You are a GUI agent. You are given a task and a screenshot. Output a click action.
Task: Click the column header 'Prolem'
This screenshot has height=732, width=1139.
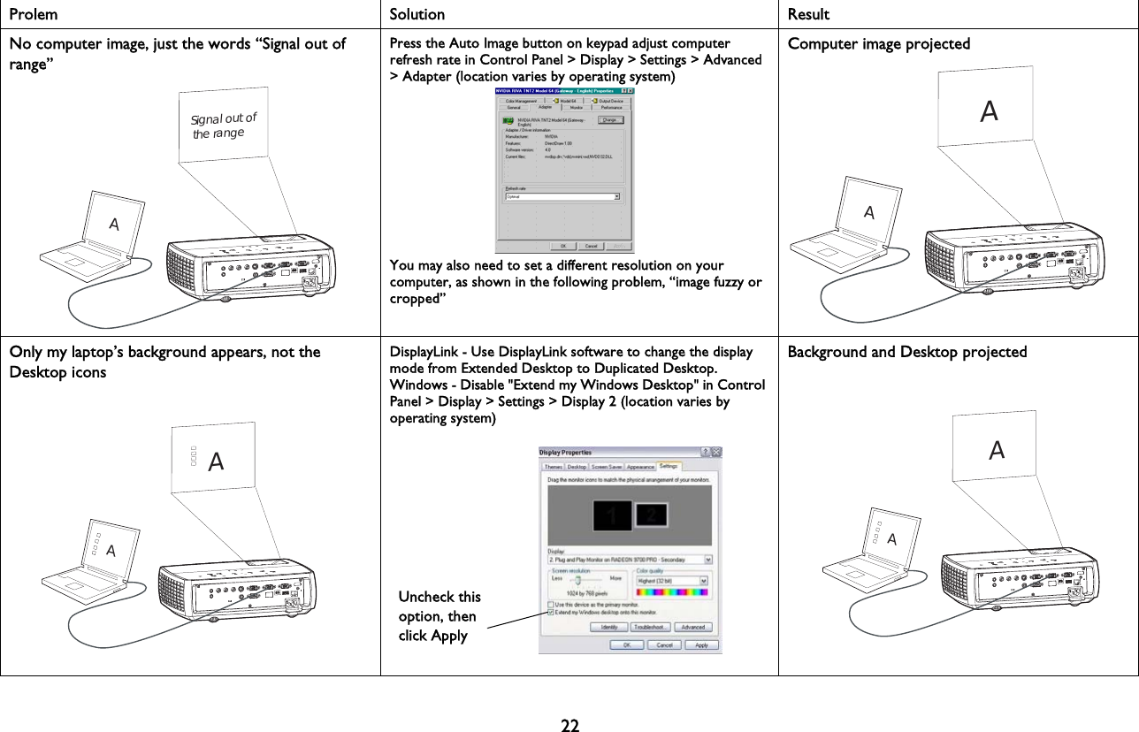coord(34,14)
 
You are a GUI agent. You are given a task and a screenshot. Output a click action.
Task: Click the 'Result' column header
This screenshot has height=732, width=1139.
coord(808,14)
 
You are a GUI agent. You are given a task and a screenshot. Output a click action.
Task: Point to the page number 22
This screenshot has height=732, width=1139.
coord(569,727)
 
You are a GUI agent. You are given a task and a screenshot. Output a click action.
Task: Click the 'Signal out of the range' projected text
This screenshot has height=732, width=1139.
coord(223,126)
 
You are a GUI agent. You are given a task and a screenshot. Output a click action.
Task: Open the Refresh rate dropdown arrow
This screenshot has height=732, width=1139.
coord(616,197)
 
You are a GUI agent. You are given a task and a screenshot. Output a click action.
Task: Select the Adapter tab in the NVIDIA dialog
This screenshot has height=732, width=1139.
coord(545,108)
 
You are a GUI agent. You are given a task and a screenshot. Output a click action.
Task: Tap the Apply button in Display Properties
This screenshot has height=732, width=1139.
coord(701,645)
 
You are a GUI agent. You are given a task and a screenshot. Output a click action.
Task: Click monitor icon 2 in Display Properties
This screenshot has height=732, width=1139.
coord(652,514)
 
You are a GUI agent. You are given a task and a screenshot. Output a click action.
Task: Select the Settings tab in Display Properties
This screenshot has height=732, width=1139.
coord(669,466)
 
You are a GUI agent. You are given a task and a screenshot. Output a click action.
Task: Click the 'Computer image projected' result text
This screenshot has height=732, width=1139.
coord(878,43)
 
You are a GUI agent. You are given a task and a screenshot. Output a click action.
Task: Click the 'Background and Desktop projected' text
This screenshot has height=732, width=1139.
coord(906,352)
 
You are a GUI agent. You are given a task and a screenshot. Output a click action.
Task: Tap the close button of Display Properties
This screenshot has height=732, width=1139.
coord(715,452)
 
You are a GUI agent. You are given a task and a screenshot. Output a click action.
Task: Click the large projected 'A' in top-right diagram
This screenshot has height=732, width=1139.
coord(990,111)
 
